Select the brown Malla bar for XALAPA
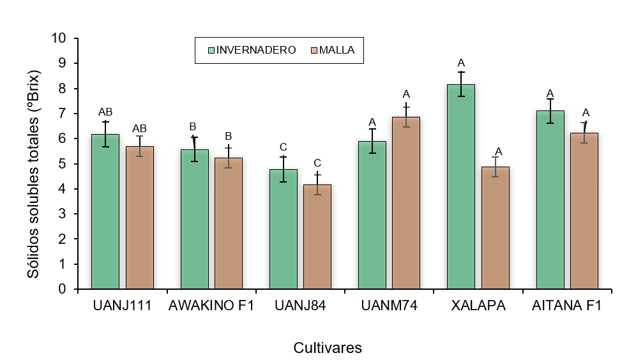pyautogui.click(x=495, y=228)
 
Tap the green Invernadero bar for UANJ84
pyautogui.click(x=283, y=229)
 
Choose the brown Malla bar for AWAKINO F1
pyautogui.click(x=228, y=223)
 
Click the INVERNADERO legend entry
pyautogui.click(x=252, y=50)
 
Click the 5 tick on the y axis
pyautogui.click(x=63, y=164)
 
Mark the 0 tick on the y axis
pyautogui.click(x=63, y=289)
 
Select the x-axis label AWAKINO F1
pyautogui.click(x=211, y=306)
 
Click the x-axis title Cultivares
pyautogui.click(x=328, y=348)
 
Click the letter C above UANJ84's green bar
pyautogui.click(x=283, y=146)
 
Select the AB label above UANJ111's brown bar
pyautogui.click(x=139, y=128)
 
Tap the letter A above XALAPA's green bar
pyautogui.click(x=460, y=63)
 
